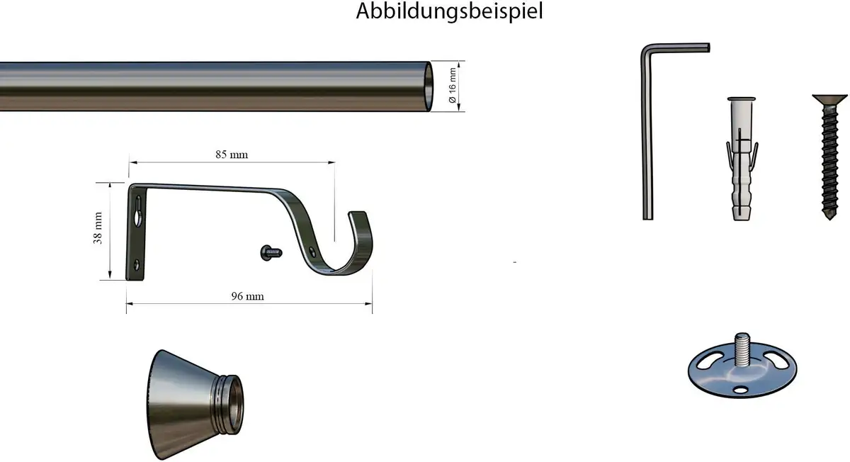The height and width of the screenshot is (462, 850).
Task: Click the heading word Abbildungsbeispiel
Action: click(449, 11)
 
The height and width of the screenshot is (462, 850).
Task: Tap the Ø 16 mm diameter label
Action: click(452, 86)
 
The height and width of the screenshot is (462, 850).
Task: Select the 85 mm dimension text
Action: click(232, 154)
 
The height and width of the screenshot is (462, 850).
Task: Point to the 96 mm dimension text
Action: click(247, 296)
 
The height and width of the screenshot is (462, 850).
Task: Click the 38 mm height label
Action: click(98, 227)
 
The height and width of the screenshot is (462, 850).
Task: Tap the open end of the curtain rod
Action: click(428, 86)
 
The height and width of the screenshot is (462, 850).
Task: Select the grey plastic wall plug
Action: click(742, 159)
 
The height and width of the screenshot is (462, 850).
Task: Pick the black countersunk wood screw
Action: click(829, 157)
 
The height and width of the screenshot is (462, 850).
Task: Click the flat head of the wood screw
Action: click(829, 99)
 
